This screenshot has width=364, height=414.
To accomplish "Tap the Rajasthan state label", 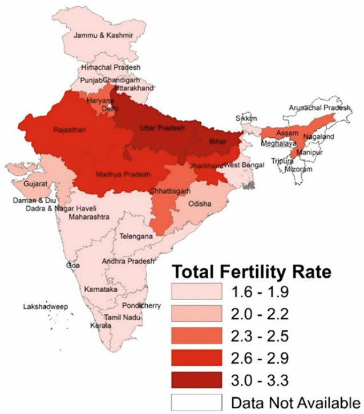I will [x=70, y=130].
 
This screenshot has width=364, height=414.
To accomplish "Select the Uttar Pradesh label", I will [x=163, y=129].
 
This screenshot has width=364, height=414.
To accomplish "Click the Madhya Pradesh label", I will [x=127, y=174].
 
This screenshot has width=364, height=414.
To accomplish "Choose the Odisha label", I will [x=199, y=203].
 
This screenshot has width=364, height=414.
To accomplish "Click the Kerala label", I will [x=101, y=326].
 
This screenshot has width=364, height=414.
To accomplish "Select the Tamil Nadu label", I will [x=120, y=317].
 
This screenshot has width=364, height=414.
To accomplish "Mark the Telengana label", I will [x=136, y=236].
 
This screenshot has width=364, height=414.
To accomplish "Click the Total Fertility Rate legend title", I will [x=252, y=271].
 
